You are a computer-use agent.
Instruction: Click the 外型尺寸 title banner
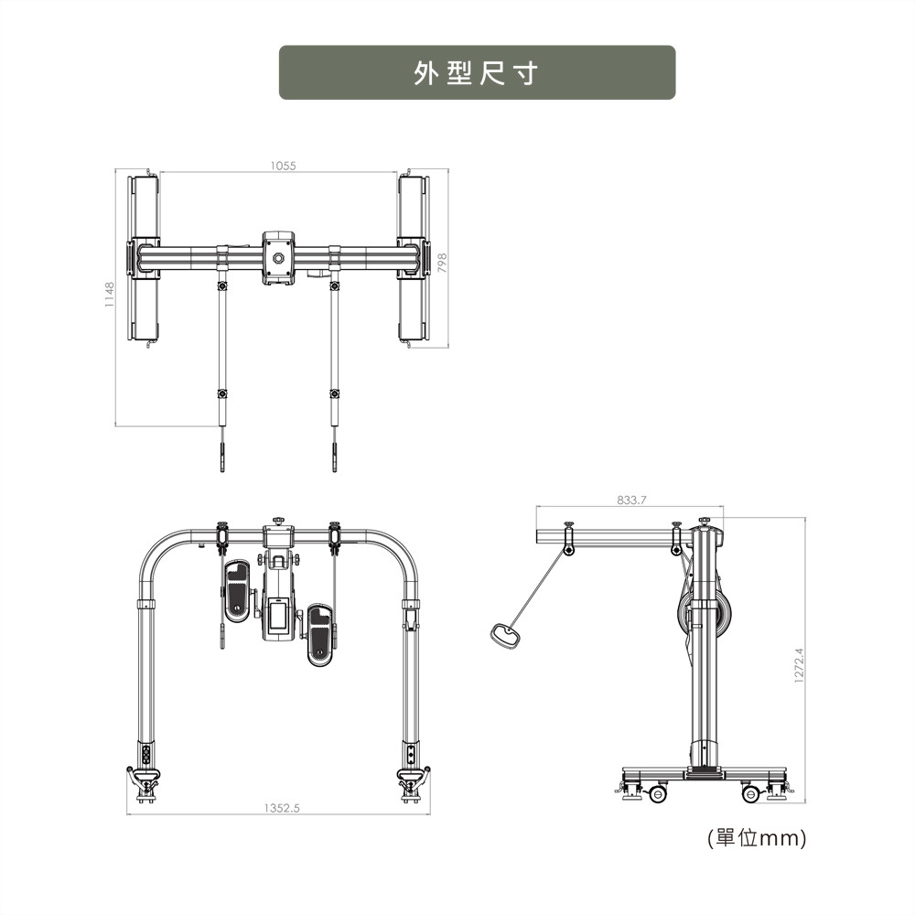(477, 72)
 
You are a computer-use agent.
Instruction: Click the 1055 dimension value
(283, 166)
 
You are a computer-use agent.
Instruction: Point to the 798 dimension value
(442, 263)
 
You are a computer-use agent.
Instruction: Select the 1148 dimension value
(110, 294)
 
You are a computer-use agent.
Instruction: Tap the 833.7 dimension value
(631, 501)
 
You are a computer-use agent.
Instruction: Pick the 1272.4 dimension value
(799, 665)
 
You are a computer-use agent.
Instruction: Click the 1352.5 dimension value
(281, 808)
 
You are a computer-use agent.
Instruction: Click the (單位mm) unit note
(757, 838)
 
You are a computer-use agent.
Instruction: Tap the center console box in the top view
(278, 258)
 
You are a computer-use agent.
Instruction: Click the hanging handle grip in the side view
(505, 635)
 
